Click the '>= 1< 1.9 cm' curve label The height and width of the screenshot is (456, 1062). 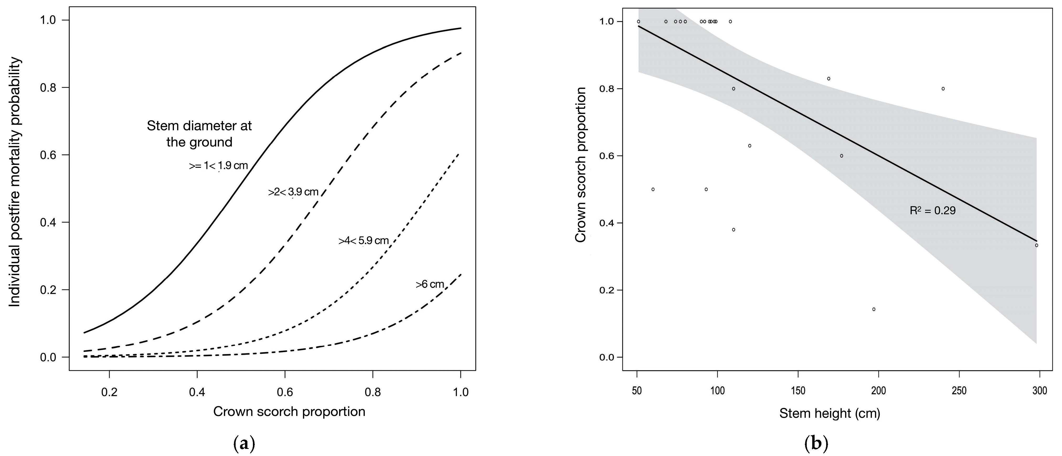click(x=218, y=166)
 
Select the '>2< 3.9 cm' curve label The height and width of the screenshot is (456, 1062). click(x=293, y=192)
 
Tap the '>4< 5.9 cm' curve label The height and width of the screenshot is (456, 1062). click(x=363, y=240)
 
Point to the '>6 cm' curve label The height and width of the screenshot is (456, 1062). click(x=429, y=284)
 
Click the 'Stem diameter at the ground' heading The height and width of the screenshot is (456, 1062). click(x=199, y=134)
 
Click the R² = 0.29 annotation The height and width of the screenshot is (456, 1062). click(x=933, y=211)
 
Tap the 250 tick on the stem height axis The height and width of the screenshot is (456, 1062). click(x=959, y=390)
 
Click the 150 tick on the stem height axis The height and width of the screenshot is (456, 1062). click(x=798, y=390)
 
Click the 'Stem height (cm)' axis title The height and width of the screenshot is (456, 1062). click(x=830, y=413)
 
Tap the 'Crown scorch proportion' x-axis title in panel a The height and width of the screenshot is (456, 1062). click(x=289, y=411)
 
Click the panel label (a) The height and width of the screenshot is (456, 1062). click(x=244, y=444)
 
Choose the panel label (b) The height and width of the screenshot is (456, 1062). click(x=816, y=444)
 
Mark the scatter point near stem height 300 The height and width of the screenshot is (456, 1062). click(x=1036, y=245)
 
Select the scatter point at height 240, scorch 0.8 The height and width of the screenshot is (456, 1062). click(x=943, y=89)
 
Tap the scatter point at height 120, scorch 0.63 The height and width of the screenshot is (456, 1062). click(x=750, y=146)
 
